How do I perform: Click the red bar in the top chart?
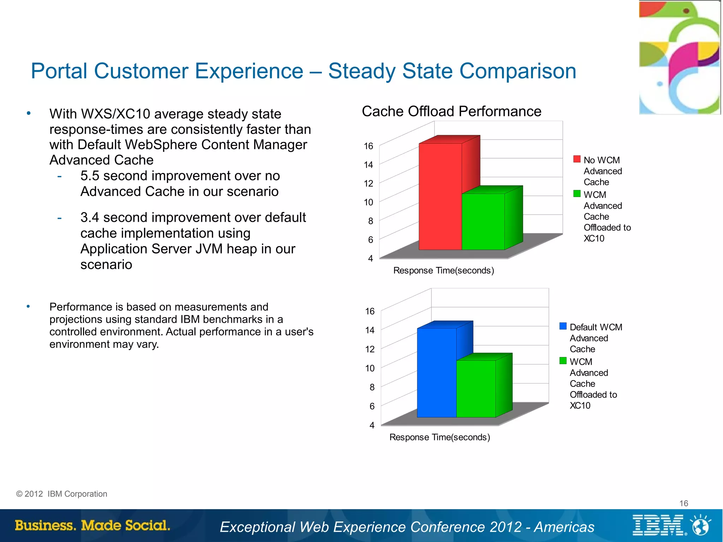(440, 196)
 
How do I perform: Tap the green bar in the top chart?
(483, 221)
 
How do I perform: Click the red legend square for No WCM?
(577, 159)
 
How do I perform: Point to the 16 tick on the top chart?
(368, 146)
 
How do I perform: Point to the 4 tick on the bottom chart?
(372, 425)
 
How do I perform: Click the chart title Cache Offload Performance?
(451, 112)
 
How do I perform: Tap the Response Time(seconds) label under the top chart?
(443, 270)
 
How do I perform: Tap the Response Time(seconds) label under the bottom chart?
(440, 437)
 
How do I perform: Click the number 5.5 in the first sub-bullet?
(90, 176)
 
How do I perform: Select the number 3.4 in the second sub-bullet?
(90, 218)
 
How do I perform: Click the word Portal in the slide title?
(59, 71)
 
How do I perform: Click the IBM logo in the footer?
(658, 525)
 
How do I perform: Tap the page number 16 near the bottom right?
(683, 503)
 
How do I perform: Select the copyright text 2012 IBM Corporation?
(62, 494)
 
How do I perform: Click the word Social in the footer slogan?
(147, 525)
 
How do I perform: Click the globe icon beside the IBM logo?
(701, 525)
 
